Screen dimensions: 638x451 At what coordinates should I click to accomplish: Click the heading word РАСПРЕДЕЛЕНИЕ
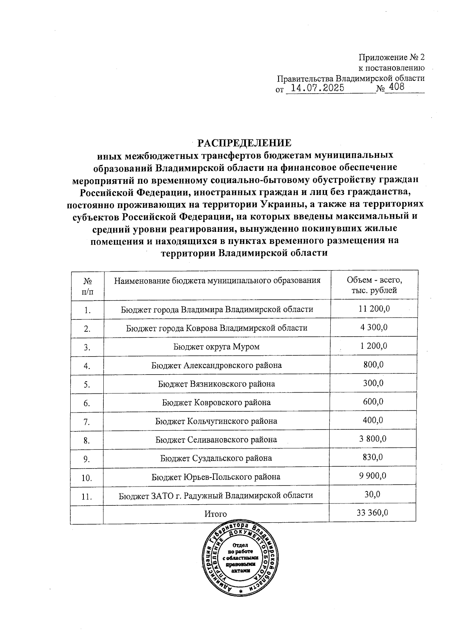pyautogui.click(x=245, y=143)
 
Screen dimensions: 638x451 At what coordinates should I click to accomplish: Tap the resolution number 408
pyautogui.click(x=397, y=87)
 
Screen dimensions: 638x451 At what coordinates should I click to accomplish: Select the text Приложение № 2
pyautogui.click(x=392, y=57)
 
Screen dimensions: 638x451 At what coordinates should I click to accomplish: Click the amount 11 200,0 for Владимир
pyautogui.click(x=374, y=309)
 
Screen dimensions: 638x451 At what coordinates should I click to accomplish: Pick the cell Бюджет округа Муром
pyautogui.click(x=216, y=346)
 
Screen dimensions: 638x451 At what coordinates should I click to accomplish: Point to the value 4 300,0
pyautogui.click(x=374, y=327)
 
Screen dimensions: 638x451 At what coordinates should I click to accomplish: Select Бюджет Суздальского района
pyautogui.click(x=216, y=458)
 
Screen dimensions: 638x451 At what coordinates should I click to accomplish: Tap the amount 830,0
pyautogui.click(x=373, y=457)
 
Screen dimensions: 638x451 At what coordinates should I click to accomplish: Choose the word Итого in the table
pyautogui.click(x=216, y=514)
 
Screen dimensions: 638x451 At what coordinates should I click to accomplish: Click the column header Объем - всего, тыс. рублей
pyautogui.click(x=374, y=285)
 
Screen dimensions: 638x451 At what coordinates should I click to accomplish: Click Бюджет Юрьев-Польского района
pyautogui.click(x=216, y=477)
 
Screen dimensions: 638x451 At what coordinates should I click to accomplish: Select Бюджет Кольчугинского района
pyautogui.click(x=216, y=421)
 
